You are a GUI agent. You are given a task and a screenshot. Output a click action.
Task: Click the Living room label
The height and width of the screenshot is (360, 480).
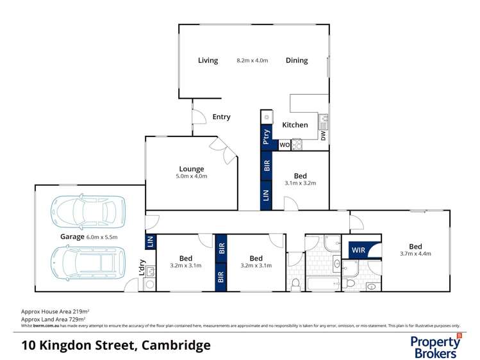pos(208,61)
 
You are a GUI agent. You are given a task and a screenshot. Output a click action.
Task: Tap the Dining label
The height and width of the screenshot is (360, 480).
pos(297,61)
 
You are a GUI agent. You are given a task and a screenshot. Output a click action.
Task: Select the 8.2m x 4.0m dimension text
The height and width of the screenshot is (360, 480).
pos(252,61)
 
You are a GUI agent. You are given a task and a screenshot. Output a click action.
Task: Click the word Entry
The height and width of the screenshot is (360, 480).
pos(221,117)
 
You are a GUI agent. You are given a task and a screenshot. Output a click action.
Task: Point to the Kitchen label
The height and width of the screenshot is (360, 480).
pos(295,125)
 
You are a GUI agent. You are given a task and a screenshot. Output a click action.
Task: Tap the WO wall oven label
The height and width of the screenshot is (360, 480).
pos(284,145)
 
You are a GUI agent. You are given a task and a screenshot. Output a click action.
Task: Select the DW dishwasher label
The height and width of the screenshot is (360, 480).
pos(324,136)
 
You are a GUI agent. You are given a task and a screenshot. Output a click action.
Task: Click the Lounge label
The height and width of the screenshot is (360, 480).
pos(192,169)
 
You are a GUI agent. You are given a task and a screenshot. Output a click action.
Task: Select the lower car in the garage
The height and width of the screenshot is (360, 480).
pos(87,263)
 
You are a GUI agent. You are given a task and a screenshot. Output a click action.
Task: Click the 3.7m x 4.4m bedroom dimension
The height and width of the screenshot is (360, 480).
pos(415,254)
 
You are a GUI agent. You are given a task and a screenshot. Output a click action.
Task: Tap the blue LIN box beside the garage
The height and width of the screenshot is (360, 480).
pos(151,241)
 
